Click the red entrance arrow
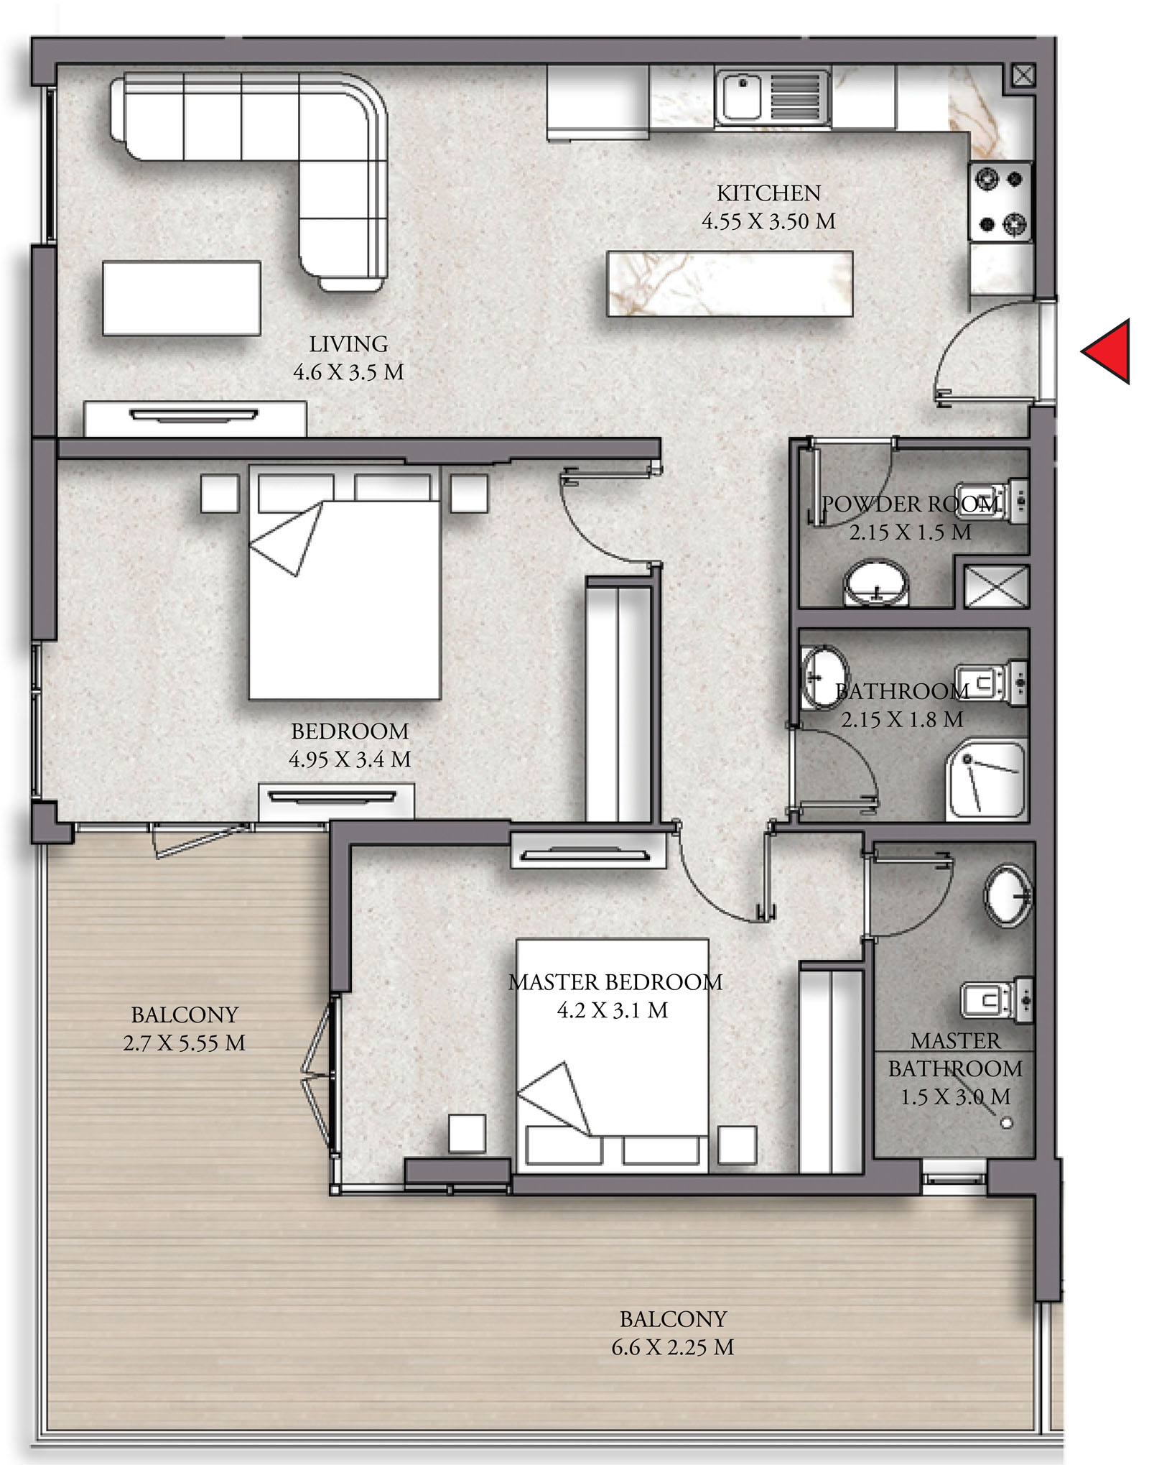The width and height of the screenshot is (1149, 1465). pyautogui.click(x=1108, y=351)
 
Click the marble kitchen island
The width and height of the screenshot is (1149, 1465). pyautogui.click(x=729, y=283)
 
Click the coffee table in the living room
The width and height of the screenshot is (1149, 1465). pyautogui.click(x=181, y=297)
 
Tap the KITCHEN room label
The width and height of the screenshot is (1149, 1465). pyautogui.click(x=768, y=193)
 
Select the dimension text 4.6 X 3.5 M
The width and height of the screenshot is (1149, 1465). pyautogui.click(x=348, y=372)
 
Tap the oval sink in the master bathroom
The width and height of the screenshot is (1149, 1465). pyautogui.click(x=1008, y=895)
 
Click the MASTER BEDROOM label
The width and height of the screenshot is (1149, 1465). pyautogui.click(x=615, y=982)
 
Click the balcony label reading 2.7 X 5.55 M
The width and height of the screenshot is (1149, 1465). pyautogui.click(x=184, y=1043)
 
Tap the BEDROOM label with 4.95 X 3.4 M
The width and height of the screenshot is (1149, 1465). pyautogui.click(x=350, y=745)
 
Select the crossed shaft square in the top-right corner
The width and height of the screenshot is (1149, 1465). pyautogui.click(x=1023, y=74)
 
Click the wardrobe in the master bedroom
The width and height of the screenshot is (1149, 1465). pyautogui.click(x=830, y=1070)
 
